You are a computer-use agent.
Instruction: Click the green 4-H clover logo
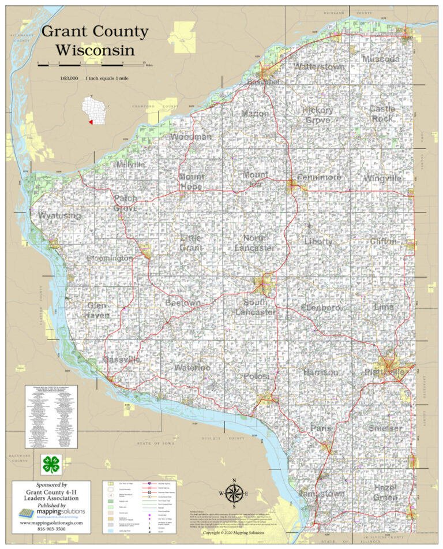[51, 464]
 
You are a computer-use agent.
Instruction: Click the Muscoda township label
[381, 59]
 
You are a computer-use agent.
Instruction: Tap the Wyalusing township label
[59, 215]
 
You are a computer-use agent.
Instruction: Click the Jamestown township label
[321, 494]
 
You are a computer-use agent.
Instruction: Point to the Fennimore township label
[320, 177]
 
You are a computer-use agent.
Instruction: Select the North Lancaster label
[254, 242]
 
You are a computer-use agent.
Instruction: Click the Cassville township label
[121, 359]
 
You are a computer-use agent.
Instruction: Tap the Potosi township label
[256, 376]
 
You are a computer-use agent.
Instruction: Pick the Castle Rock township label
[382, 113]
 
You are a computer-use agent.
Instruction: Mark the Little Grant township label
[191, 242]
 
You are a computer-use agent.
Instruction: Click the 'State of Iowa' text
[156, 443]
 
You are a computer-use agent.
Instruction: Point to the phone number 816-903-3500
[51, 528]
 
